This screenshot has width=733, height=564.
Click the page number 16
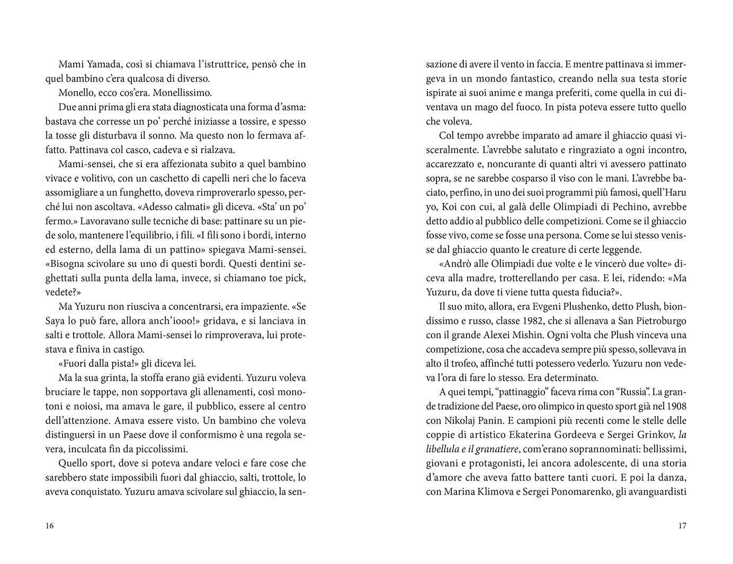[x=50, y=526]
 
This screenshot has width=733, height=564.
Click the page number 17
[x=682, y=526]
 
